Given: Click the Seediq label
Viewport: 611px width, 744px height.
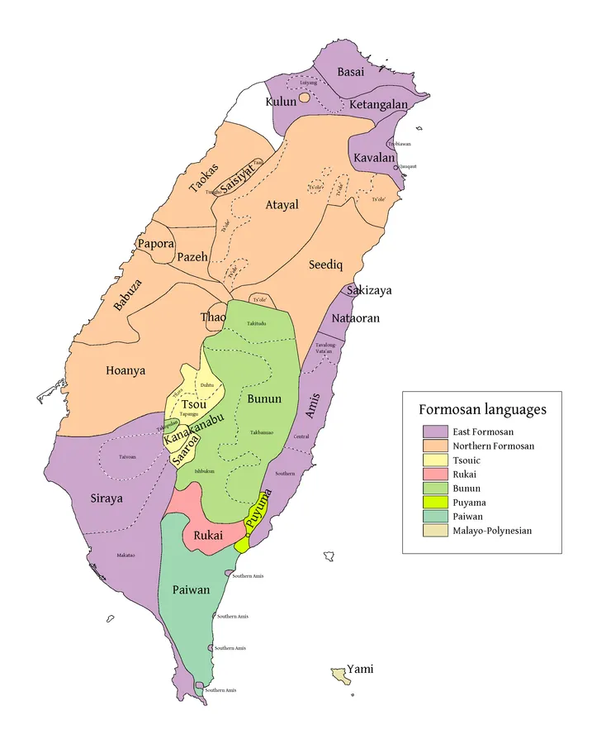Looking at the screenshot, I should pos(325,265).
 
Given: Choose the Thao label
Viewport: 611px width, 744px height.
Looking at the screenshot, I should pos(213,317).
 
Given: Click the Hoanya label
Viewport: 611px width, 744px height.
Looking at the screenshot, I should pos(126,370).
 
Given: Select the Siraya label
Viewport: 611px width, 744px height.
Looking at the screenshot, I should pos(107,498).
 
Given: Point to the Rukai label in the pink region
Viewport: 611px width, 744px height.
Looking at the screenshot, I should pos(207,536).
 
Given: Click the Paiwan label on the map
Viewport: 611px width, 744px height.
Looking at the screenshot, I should pos(192,590).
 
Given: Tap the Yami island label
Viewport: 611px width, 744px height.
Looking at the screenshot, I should pos(360,669).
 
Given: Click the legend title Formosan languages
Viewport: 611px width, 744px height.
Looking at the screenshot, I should pos(482,409).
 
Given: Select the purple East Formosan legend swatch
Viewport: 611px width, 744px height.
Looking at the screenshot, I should pos(435,432).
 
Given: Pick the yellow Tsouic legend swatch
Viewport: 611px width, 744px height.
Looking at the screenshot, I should pos(435,460).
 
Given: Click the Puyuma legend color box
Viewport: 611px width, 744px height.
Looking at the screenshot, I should pos(435,502).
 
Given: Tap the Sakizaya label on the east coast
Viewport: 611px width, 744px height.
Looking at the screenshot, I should pos(369,290).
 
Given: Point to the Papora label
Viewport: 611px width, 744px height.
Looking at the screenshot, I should pos(156,244).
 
